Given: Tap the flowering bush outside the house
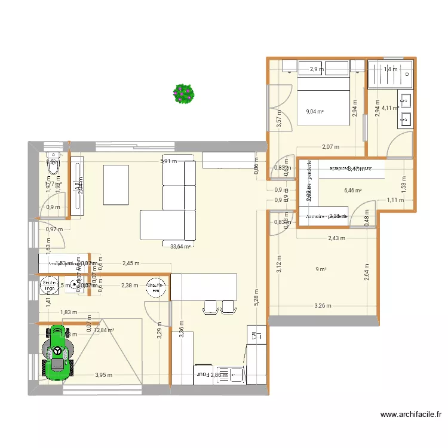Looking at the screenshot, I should (x=183, y=93).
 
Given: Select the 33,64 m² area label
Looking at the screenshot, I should (x=180, y=246).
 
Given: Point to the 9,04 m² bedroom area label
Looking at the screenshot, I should (x=315, y=112).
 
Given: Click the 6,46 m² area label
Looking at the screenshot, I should (x=353, y=191).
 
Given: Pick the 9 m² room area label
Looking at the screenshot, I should (x=321, y=269).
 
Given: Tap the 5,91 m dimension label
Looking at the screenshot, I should (x=168, y=161).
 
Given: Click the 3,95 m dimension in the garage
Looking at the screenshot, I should (x=104, y=375).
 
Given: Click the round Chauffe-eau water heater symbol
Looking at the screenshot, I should (x=157, y=287).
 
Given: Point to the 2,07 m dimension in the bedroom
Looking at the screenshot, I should (x=330, y=147).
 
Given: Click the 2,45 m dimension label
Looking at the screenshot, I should (x=130, y=263).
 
